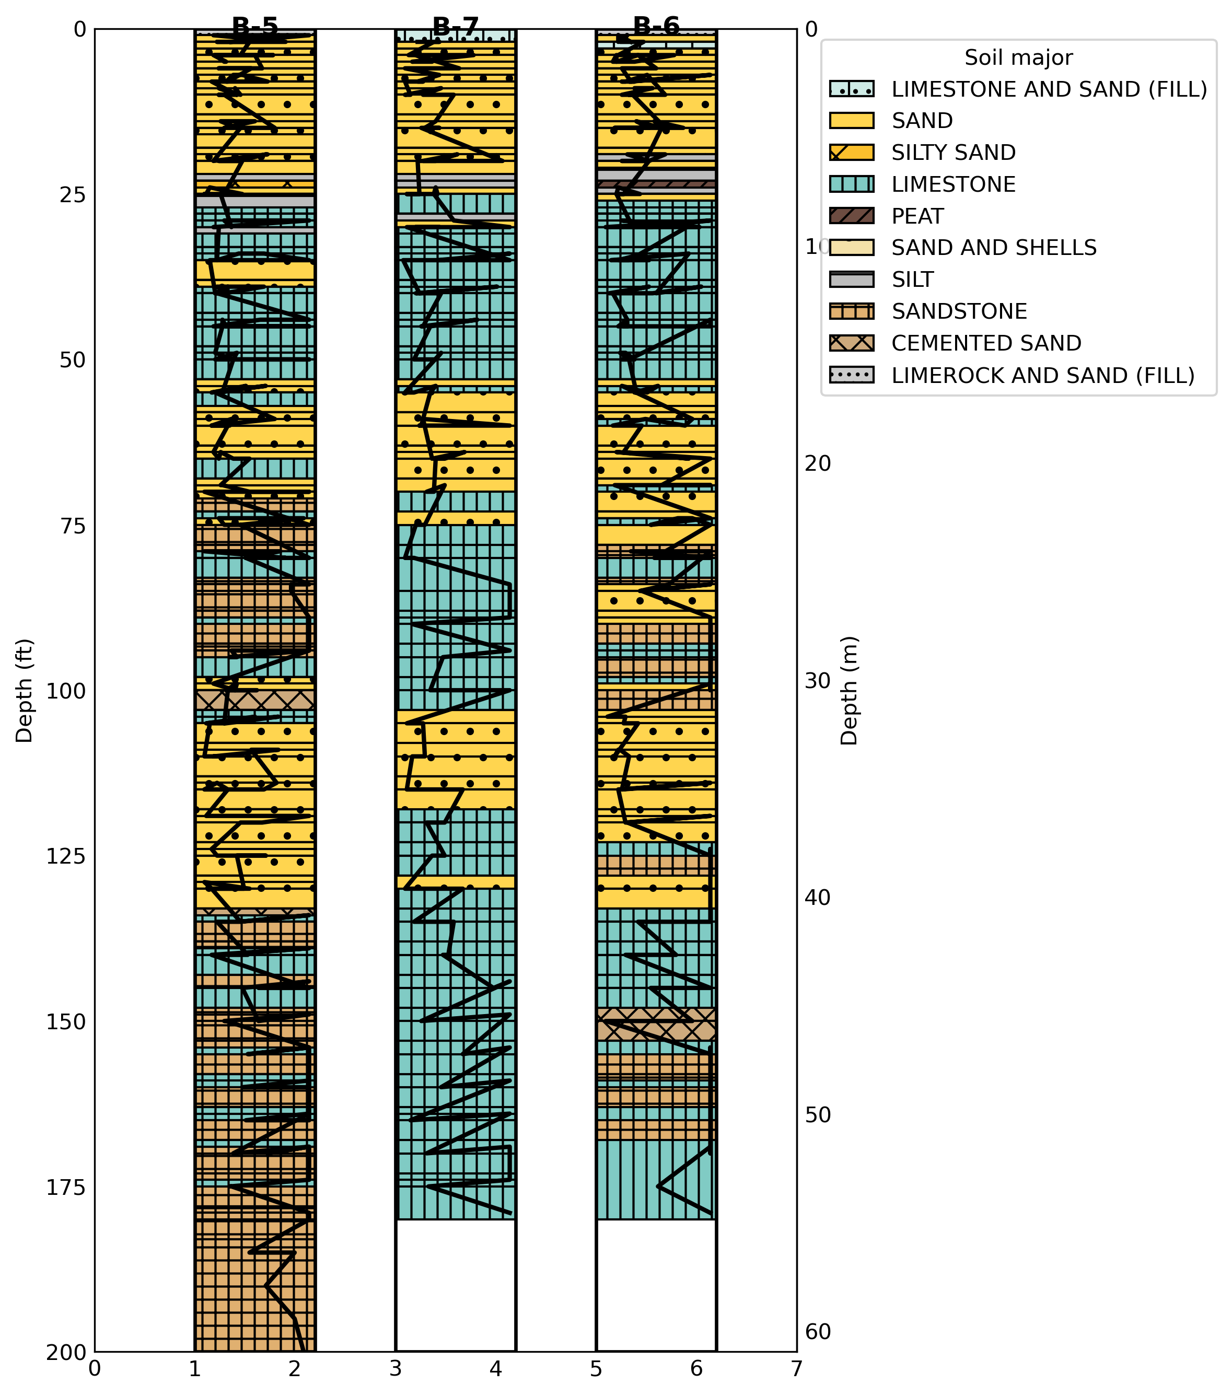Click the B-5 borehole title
click(x=255, y=26)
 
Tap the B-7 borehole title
click(x=456, y=26)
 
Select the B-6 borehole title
click(x=656, y=26)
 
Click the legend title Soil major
click(x=1018, y=58)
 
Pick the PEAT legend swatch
click(x=851, y=216)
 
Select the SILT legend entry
click(x=912, y=280)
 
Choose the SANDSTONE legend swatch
click(x=851, y=311)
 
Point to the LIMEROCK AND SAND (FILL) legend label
click(x=1043, y=375)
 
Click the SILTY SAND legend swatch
click(x=851, y=153)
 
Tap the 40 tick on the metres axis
click(x=818, y=898)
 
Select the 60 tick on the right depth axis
click(x=818, y=1331)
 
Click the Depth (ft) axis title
click(x=25, y=691)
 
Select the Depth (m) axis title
click(x=849, y=691)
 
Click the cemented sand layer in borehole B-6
click(x=656, y=1025)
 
